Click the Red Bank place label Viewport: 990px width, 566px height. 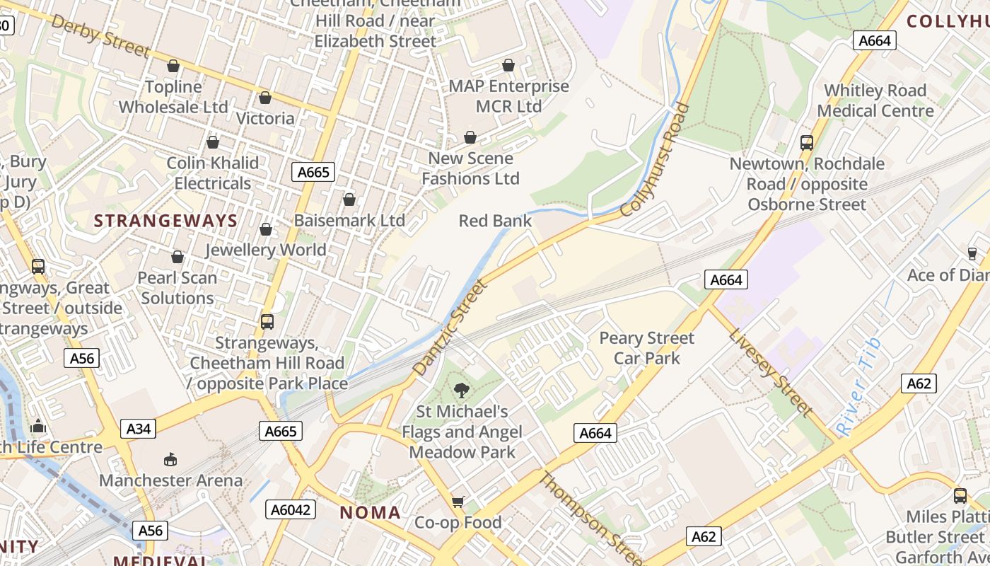[x=495, y=221]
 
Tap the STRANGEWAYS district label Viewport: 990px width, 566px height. [x=165, y=221]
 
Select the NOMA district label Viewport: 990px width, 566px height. [x=370, y=513]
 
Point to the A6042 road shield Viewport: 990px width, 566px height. [x=291, y=509]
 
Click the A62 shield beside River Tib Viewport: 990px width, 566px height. [x=919, y=383]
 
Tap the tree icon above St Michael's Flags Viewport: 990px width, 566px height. [x=462, y=389]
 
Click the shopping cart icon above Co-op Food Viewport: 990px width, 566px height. [x=458, y=502]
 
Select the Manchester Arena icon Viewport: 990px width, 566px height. [x=170, y=460]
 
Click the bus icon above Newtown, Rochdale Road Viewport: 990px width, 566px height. [x=807, y=142]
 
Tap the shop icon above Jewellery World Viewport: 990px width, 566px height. [x=266, y=229]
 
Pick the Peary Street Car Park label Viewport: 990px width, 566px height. [x=646, y=348]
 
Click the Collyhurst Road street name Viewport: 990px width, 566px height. [x=654, y=160]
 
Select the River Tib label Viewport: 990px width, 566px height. [x=858, y=387]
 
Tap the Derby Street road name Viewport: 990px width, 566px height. [x=101, y=35]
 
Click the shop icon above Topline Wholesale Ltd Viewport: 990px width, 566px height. [x=173, y=66]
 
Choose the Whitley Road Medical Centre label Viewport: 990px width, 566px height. [x=875, y=100]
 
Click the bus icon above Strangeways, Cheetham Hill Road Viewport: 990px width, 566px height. [x=267, y=322]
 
